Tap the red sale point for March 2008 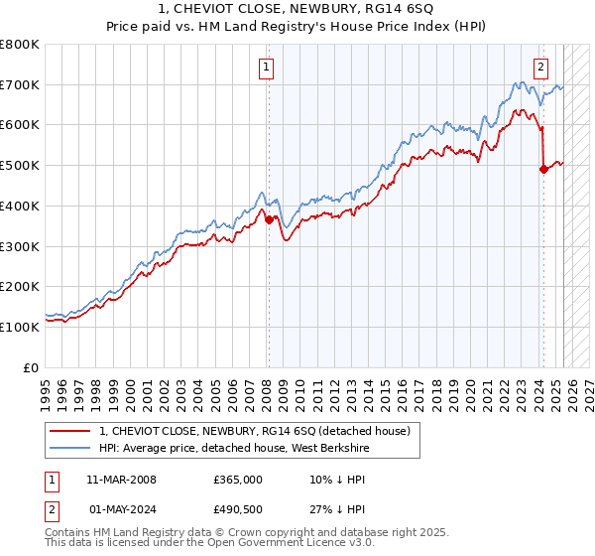269,220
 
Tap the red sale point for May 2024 543,170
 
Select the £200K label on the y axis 20,286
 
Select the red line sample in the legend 70,430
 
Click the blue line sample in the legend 70,447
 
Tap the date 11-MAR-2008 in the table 121,480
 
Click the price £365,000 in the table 238,480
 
